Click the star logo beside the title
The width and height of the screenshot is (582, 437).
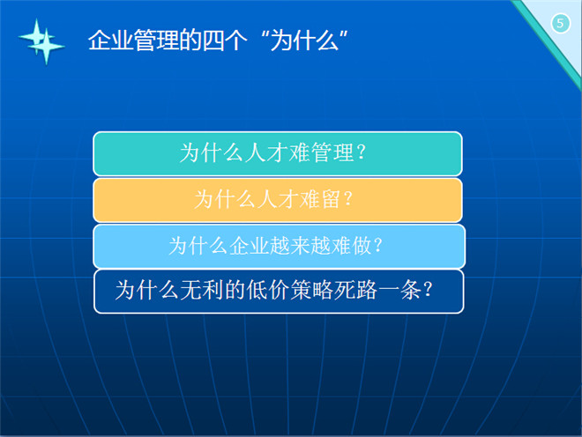[x=41, y=41]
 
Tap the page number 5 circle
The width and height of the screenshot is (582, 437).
[x=561, y=24]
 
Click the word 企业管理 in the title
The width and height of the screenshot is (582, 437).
[x=133, y=40]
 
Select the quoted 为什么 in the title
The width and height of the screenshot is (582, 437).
[x=304, y=40]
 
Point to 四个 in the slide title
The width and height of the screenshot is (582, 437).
[x=224, y=40]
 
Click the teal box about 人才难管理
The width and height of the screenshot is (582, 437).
[x=278, y=153]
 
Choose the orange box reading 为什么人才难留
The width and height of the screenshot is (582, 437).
[x=278, y=200]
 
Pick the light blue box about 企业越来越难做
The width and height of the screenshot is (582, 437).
[x=280, y=247]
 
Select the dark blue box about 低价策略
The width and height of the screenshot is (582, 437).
[x=279, y=292]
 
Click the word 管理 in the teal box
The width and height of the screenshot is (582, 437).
[x=332, y=152]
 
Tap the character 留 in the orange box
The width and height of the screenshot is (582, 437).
[x=331, y=199]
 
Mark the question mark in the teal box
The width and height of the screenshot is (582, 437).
[x=362, y=152]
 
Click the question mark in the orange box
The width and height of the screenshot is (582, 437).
[x=348, y=199]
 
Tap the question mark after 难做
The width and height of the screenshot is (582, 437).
[x=378, y=246]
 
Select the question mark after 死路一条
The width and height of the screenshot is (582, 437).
[x=428, y=290]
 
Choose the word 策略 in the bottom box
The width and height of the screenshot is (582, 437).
[x=312, y=290]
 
